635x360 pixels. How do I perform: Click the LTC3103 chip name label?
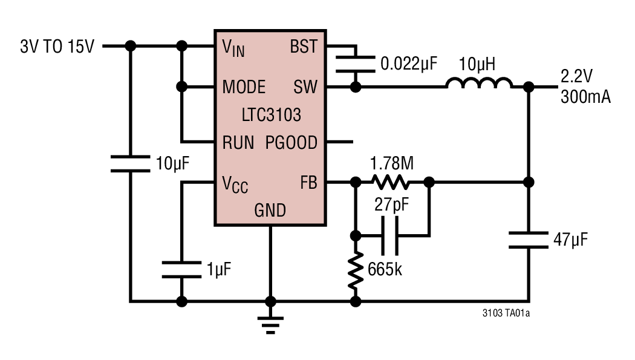[270, 114]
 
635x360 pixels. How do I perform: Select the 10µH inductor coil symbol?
[479, 83]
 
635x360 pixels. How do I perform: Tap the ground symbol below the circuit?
[270, 326]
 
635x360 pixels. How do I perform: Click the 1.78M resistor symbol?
[390, 182]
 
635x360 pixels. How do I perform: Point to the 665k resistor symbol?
[356, 270]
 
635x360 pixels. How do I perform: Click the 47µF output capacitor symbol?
[529, 240]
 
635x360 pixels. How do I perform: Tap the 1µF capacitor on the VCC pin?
[181, 270]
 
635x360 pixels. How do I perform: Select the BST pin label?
[304, 47]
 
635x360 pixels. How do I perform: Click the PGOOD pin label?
[291, 143]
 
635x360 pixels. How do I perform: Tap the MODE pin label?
[244, 87]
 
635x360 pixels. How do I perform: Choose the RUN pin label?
[238, 143]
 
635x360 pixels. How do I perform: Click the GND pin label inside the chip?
[270, 211]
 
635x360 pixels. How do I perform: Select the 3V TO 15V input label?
[57, 47]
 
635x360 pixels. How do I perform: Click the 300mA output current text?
[585, 97]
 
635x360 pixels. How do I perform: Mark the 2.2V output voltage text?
[577, 77]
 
